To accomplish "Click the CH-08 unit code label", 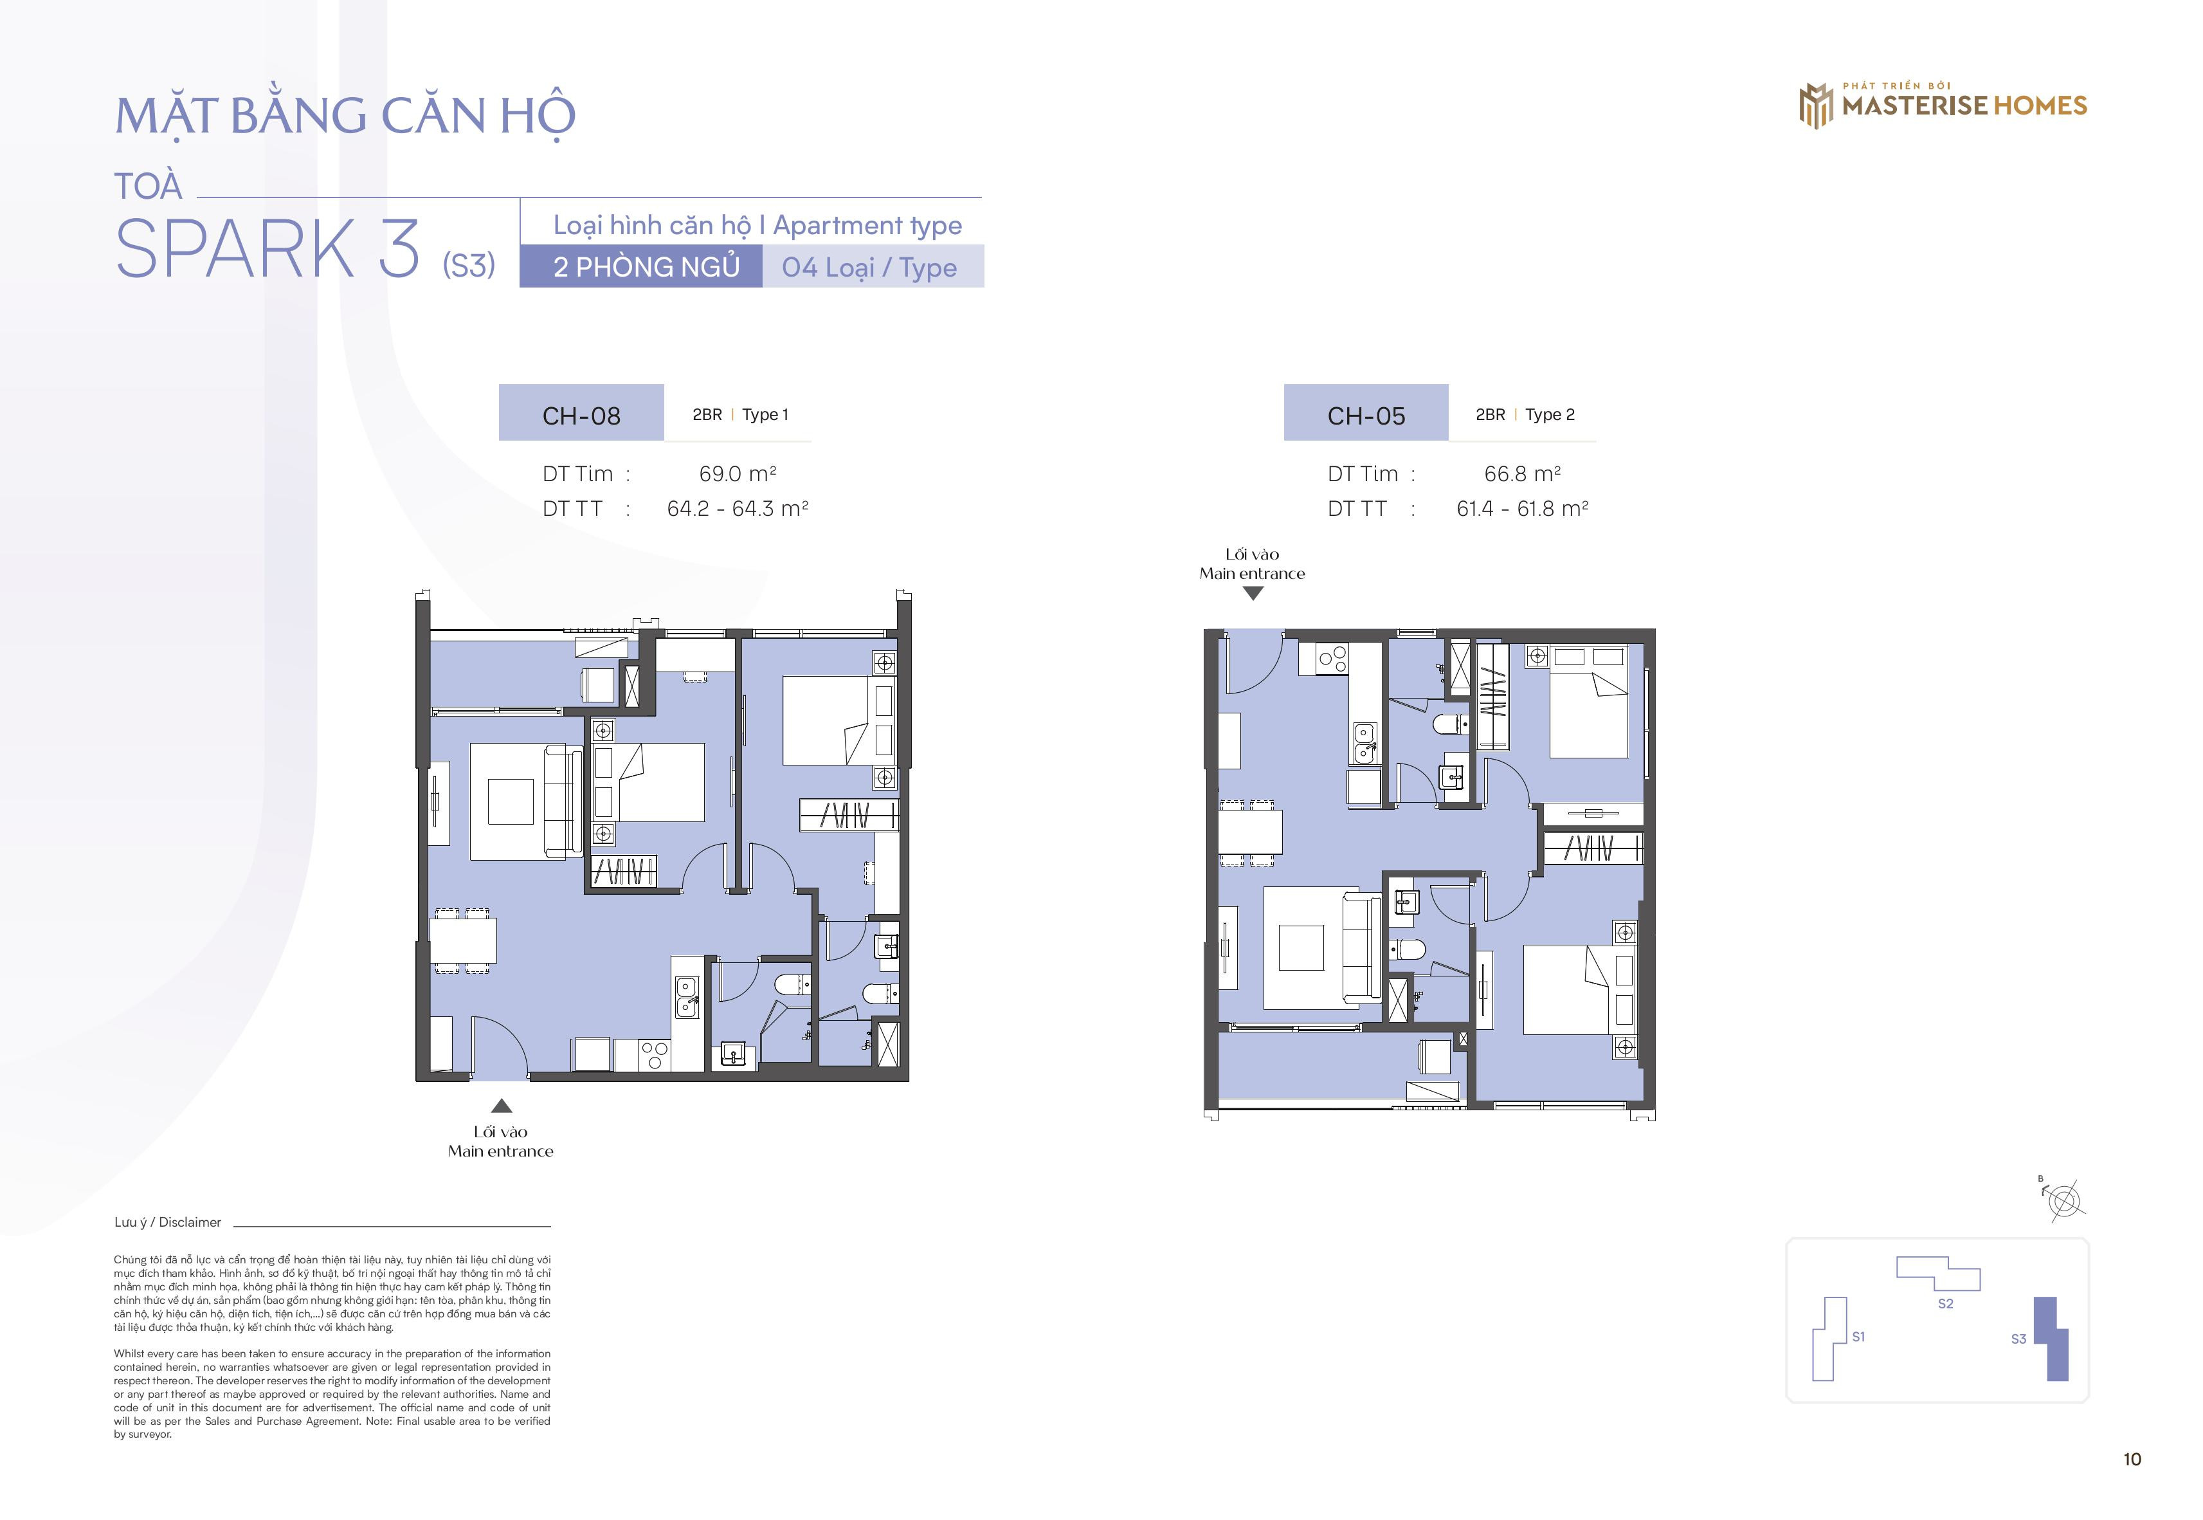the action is [x=581, y=416].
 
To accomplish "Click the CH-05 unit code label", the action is [x=1366, y=416].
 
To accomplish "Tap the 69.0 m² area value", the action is [x=737, y=473].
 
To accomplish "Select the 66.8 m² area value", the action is [x=1522, y=473].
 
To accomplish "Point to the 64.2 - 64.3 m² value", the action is [x=738, y=509].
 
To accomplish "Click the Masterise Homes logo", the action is [x=1942, y=105].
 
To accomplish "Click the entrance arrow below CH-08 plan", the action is [x=502, y=1106].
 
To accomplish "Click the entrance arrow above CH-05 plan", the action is [x=1253, y=593].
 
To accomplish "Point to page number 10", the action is [x=2132, y=1459].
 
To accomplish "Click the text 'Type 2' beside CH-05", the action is [x=1549, y=414].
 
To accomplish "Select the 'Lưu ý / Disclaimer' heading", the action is [x=168, y=1222].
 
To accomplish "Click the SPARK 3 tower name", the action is [x=267, y=248].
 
